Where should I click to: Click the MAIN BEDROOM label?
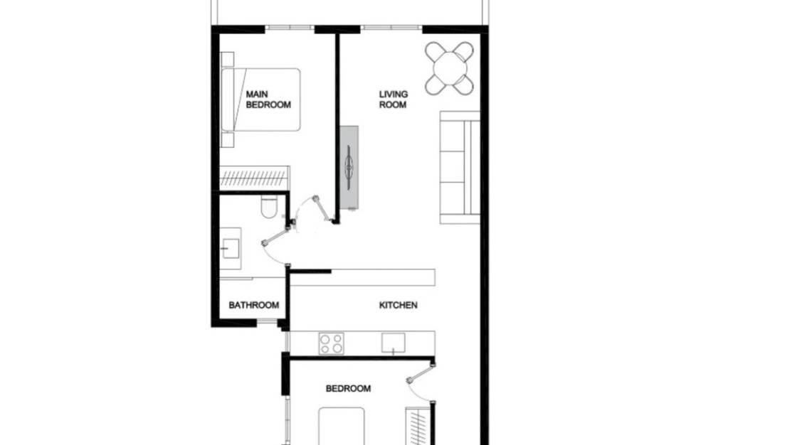(268, 100)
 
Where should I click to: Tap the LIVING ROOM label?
(393, 100)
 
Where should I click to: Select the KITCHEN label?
(398, 305)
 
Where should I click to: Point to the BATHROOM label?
(253, 306)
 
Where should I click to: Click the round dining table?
(449, 68)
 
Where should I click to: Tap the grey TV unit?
(349, 167)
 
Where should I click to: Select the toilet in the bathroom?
(269, 207)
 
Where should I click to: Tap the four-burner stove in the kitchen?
(330, 343)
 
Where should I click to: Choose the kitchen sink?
(394, 343)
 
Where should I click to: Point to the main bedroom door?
(318, 210)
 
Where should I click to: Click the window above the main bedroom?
(290, 29)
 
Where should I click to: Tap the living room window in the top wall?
(392, 29)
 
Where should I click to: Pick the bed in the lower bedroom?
(342, 427)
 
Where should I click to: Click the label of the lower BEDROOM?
(348, 389)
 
